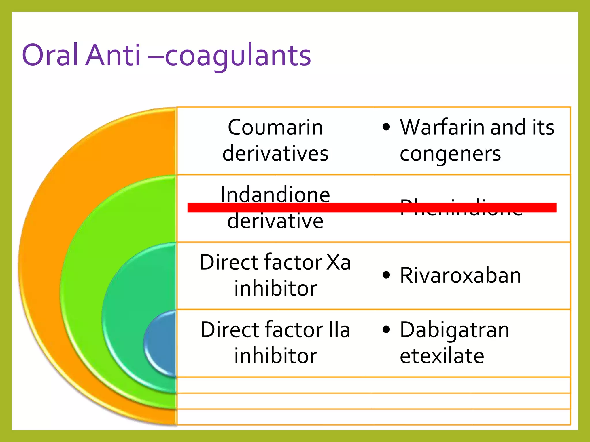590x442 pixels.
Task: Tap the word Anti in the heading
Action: tap(114, 55)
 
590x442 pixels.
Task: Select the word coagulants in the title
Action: tap(238, 56)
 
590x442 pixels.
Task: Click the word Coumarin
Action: tap(275, 127)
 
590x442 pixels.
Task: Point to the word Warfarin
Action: tap(443, 127)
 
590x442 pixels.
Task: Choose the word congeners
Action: tap(450, 154)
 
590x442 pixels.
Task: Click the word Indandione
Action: tap(275, 195)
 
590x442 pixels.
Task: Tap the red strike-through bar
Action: tap(372, 207)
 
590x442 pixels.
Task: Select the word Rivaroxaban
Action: tap(460, 275)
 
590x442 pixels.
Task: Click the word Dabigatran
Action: tap(455, 330)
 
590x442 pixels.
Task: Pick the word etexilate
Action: tap(442, 356)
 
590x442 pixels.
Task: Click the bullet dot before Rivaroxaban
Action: tap(386, 275)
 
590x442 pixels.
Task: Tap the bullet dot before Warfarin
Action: tap(386, 127)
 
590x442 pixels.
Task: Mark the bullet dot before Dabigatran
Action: tap(386, 330)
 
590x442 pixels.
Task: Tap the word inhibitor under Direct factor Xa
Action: tap(275, 288)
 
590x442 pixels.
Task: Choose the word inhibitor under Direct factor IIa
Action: tap(275, 356)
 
